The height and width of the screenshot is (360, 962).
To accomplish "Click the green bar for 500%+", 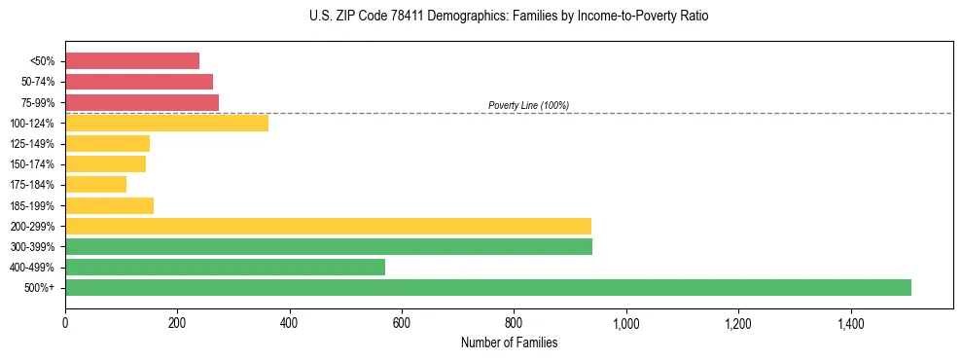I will pos(487,287).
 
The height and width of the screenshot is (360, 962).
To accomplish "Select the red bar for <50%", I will pos(132,60).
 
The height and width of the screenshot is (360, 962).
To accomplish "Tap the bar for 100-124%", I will pos(166,123).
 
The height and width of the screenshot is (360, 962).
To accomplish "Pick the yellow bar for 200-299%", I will pos(328,226).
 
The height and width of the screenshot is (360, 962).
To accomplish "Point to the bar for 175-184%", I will pos(95,184).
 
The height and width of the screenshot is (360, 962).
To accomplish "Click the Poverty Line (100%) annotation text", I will pos(528,105).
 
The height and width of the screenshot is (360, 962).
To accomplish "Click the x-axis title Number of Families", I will pos(509,342).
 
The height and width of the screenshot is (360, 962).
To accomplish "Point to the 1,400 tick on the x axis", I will pos(850,322).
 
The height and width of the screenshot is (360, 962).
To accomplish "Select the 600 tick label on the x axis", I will pos(402,322).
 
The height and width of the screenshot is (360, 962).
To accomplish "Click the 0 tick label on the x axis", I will pos(65,322).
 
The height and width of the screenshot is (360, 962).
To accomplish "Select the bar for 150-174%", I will pos(105,163).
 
